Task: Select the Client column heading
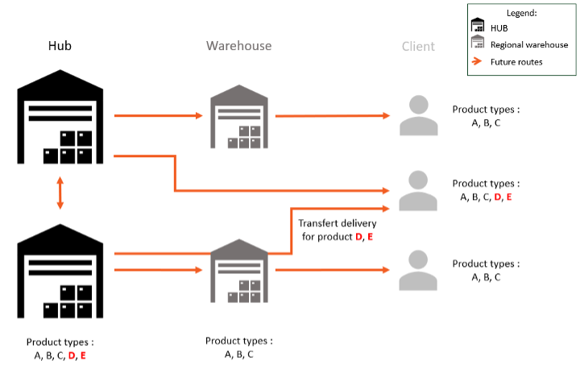click(418, 46)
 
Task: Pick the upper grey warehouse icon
click(238, 116)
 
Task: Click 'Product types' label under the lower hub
click(60, 342)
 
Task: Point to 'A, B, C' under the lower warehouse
click(238, 353)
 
